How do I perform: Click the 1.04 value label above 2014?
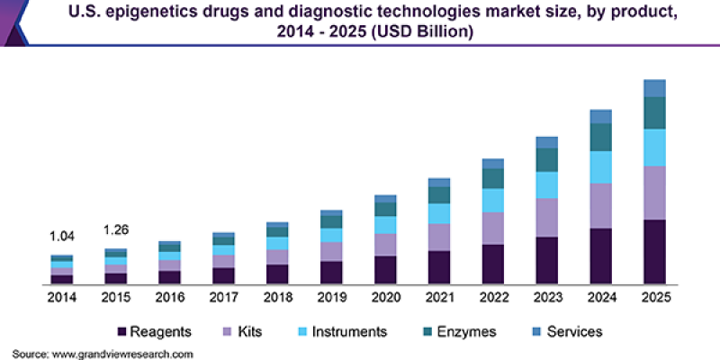point(62,236)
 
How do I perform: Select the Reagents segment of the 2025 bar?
point(654,251)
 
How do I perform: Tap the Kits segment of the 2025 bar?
point(654,193)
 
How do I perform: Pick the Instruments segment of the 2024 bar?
point(601,166)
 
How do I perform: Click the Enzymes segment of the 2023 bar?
point(547,159)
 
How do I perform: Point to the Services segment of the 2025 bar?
point(654,88)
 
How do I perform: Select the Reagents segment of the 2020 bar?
point(386,269)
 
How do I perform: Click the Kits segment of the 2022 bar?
point(493,228)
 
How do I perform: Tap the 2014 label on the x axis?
point(62,297)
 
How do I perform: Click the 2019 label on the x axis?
point(332,297)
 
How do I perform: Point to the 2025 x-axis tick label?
point(654,297)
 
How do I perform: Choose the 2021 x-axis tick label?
point(439,297)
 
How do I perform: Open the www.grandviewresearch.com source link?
point(122,354)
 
